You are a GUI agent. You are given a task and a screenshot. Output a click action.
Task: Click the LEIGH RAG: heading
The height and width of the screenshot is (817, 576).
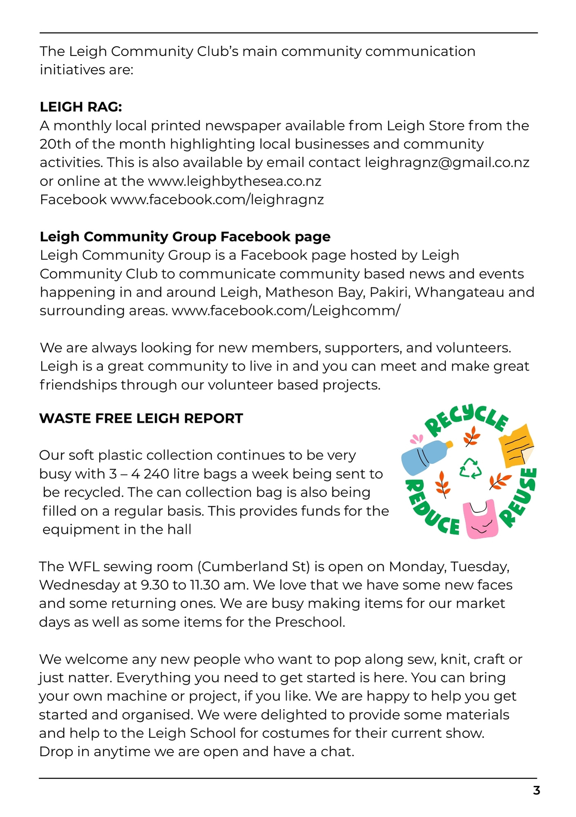pos(81,107)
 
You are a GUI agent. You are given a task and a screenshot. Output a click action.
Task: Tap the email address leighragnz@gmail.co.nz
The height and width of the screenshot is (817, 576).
pos(447,163)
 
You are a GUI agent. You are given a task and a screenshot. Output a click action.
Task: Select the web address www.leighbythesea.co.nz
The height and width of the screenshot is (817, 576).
pos(235,181)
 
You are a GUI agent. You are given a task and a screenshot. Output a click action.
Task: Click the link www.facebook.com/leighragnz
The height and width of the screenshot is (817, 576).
pos(217,200)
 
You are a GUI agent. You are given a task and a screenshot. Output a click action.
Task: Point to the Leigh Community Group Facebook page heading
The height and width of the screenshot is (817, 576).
pos(185,237)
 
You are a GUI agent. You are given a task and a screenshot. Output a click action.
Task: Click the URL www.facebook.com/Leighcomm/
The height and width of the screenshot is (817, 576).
pos(286,311)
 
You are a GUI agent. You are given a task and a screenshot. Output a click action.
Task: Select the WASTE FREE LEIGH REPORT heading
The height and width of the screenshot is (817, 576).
pos(141,418)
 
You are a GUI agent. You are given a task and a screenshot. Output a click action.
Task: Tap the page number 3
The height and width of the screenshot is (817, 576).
pos(536,791)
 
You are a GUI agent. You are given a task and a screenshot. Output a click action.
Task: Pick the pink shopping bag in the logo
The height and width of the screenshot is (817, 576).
pos(480,519)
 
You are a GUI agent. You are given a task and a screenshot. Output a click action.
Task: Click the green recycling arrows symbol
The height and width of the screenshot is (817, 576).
pos(471,468)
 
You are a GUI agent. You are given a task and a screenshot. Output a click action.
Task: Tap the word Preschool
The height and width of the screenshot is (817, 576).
pos(309,622)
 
